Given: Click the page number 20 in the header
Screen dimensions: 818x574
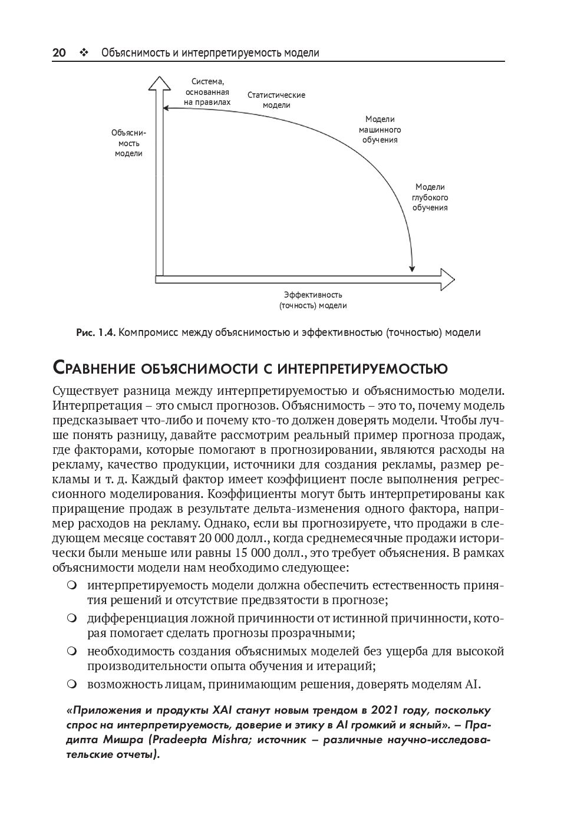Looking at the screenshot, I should point(59,53).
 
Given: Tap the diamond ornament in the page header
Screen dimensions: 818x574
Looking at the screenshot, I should point(83,53).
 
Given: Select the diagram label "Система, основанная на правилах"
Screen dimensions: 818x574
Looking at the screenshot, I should point(207,92).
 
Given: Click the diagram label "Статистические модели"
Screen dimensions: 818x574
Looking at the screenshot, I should point(276,100).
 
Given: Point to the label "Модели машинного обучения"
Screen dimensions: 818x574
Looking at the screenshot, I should point(380,130).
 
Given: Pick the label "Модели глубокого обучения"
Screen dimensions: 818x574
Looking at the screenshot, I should point(430,197).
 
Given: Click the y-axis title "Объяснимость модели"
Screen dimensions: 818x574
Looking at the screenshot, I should point(128,143).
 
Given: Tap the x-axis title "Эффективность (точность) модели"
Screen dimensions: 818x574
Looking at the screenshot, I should point(312,300).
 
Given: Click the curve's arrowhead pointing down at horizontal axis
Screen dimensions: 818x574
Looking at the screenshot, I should point(413,268).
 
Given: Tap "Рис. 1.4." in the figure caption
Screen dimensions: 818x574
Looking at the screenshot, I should point(96,332).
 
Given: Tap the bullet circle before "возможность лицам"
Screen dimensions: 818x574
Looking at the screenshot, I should point(72,684).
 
